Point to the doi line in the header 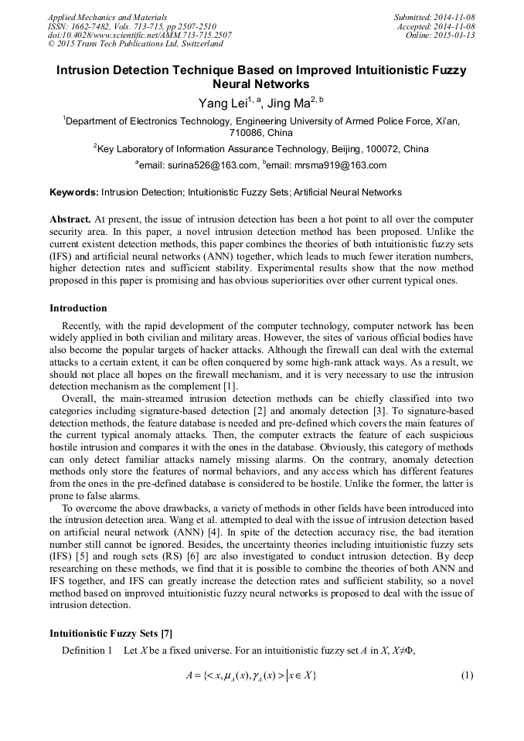click(x=139, y=36)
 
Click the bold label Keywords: click(x=74, y=192)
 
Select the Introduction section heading click(x=80, y=308)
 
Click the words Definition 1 click(x=87, y=650)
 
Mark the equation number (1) click(x=466, y=675)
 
